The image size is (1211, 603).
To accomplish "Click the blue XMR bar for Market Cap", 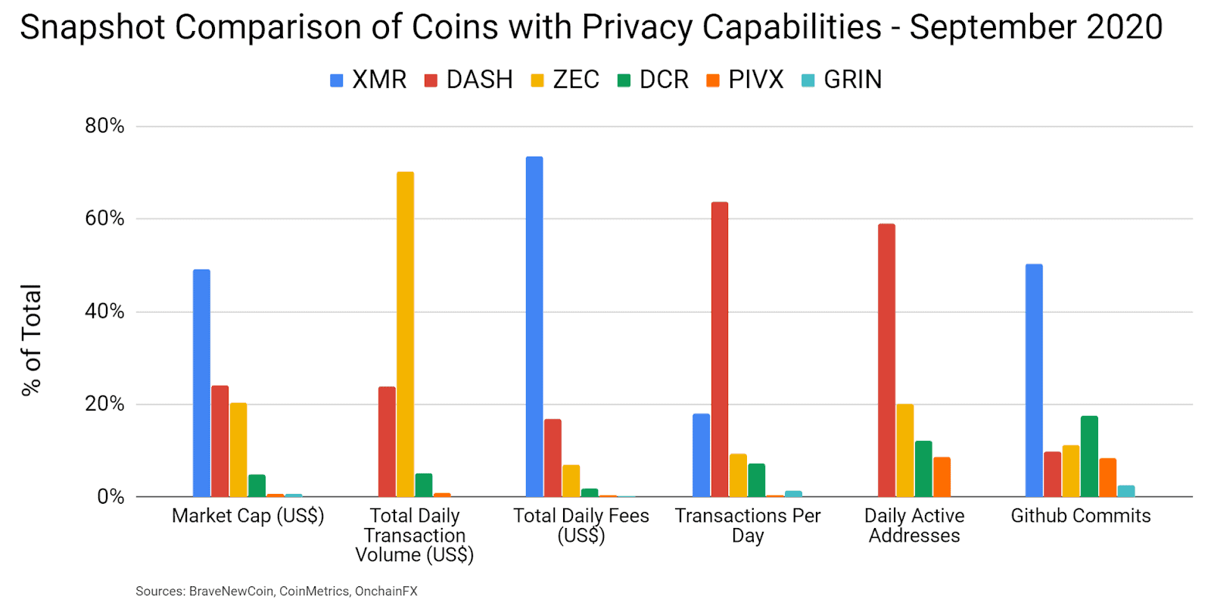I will [201, 383].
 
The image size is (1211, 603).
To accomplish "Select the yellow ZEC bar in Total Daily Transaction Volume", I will [405, 334].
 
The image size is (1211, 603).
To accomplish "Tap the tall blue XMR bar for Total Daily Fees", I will [534, 326].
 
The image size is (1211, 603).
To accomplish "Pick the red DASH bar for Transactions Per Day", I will [720, 349].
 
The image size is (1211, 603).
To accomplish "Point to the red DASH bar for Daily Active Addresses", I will [886, 360].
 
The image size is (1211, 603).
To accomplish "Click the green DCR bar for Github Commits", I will [1089, 456].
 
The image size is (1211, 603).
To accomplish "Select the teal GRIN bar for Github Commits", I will [1126, 491].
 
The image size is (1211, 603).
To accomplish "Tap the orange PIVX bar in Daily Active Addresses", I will [942, 476].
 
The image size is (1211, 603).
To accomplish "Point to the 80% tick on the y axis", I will [104, 126].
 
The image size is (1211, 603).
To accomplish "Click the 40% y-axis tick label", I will [104, 311].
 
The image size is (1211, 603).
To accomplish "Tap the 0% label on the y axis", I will [111, 497].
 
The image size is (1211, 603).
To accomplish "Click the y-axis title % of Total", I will [31, 339].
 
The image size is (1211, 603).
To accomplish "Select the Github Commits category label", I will [1080, 516].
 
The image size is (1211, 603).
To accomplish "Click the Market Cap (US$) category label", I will [247, 516].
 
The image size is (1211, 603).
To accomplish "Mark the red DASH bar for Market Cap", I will [219, 441].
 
